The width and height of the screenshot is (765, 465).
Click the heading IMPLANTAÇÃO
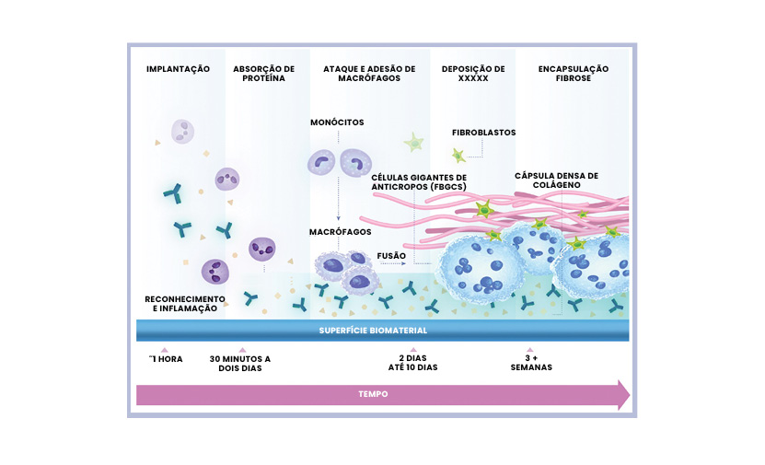[x=179, y=69]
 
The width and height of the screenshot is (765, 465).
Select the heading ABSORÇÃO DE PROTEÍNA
[x=263, y=74]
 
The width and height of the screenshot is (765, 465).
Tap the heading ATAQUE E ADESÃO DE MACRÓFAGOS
[x=369, y=74]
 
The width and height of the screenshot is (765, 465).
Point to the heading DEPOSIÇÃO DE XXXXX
[x=473, y=74]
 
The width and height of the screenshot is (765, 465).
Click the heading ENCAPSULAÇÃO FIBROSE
[x=574, y=74]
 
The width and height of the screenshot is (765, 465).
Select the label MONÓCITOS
[x=338, y=122]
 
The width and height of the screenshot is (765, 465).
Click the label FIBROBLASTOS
[x=484, y=133]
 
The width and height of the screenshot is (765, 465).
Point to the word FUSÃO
[x=392, y=255]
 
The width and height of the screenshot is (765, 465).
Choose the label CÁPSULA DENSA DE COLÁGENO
[x=556, y=180]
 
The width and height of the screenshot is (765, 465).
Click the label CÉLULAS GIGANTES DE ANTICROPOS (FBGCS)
[x=419, y=181]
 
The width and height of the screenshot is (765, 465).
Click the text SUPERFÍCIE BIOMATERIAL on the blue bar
[x=373, y=331]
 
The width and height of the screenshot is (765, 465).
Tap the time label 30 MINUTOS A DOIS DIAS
[x=241, y=363]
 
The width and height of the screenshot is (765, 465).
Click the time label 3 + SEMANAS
[x=531, y=363]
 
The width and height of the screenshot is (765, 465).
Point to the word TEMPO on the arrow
[x=373, y=394]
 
